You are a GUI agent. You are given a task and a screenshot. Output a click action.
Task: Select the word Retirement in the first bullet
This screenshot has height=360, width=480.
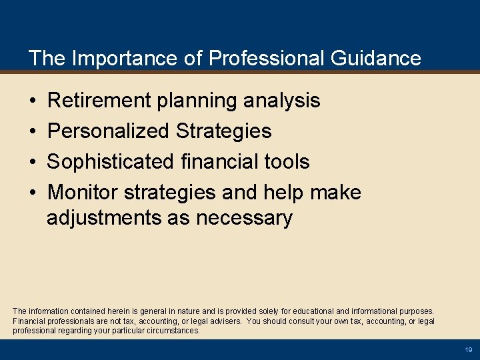(x=99, y=101)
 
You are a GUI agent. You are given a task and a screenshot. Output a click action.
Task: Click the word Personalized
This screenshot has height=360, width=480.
(x=109, y=131)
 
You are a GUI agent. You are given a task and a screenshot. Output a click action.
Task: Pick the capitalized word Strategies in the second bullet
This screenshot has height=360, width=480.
(x=224, y=131)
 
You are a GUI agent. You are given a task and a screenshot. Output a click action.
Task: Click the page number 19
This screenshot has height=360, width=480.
(x=468, y=350)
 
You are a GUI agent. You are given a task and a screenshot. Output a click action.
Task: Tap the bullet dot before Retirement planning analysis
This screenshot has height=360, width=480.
(x=33, y=101)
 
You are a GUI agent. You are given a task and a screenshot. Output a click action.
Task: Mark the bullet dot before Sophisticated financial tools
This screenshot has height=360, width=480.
(x=33, y=163)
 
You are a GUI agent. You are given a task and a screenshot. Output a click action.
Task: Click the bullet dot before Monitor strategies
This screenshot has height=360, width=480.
(x=33, y=193)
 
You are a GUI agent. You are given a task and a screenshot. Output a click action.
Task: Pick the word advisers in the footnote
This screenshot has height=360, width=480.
(x=222, y=321)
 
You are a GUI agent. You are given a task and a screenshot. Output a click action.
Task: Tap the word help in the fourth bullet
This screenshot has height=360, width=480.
(x=285, y=193)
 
